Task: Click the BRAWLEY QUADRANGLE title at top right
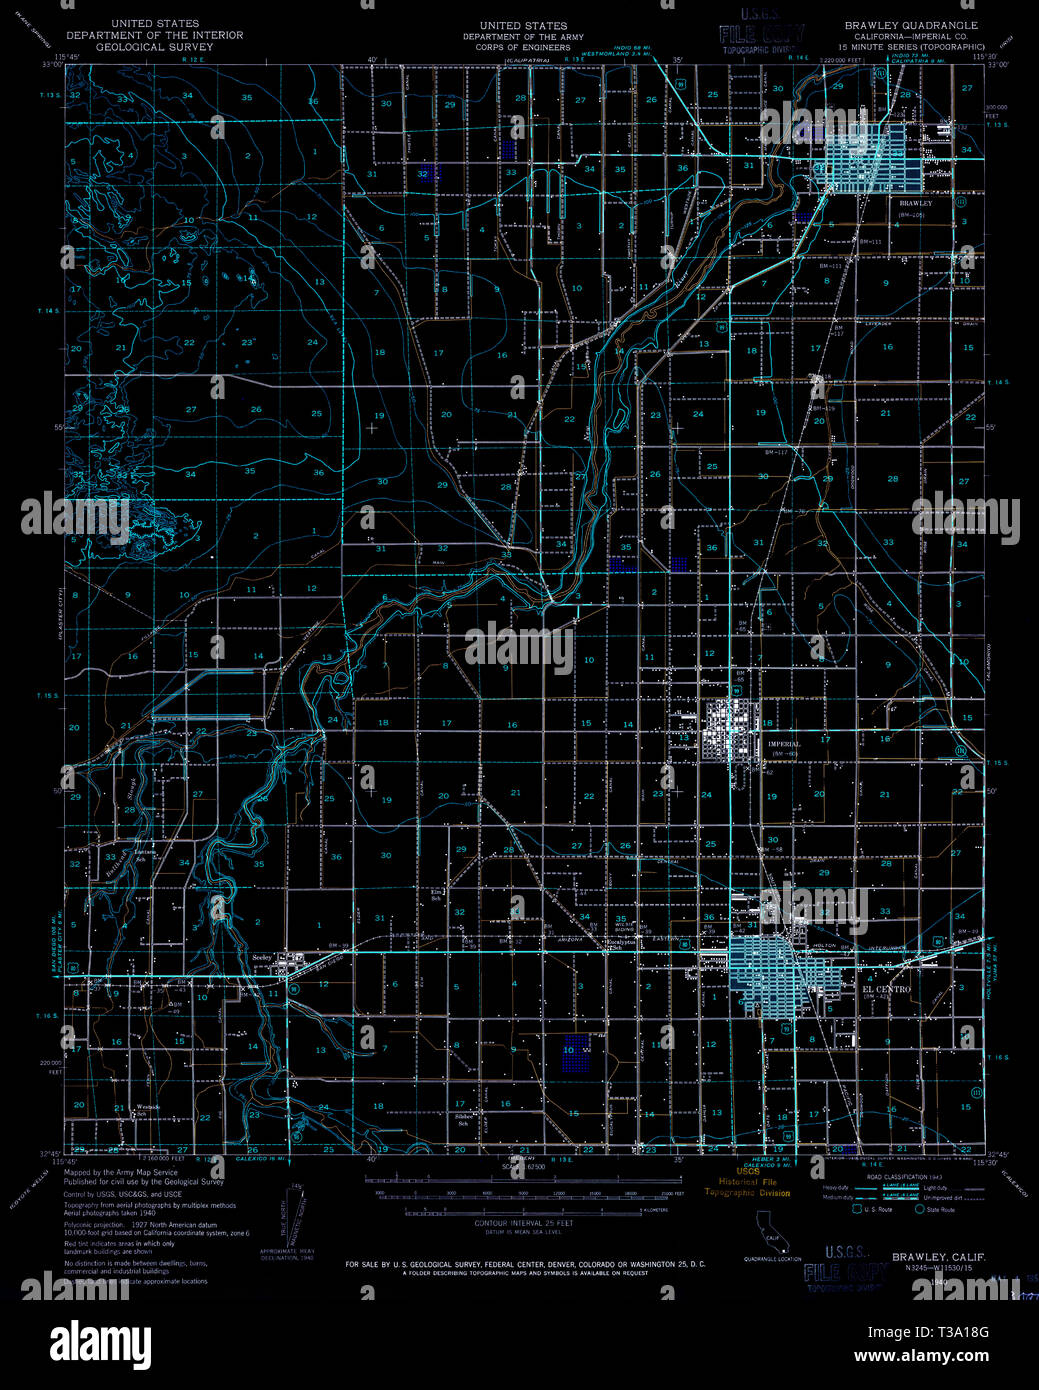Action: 911,24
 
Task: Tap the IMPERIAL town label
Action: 784,744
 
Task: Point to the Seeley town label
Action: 262,957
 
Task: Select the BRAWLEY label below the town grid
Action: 915,203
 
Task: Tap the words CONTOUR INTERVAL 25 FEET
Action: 524,1223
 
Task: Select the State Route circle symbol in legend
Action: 919,1209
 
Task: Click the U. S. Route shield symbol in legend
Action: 856,1209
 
